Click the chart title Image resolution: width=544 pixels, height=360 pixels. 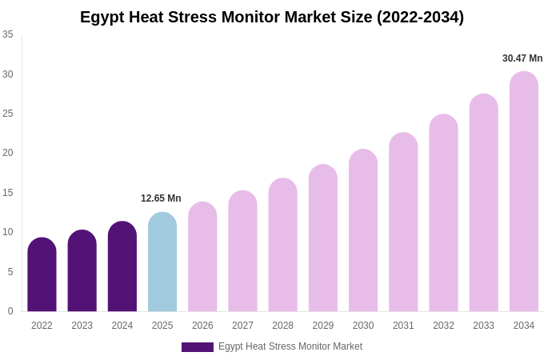click(272, 17)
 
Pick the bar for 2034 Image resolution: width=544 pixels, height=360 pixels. click(523, 192)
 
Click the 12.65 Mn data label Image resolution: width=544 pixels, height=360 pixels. click(161, 198)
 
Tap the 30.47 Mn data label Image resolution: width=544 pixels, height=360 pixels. click(522, 58)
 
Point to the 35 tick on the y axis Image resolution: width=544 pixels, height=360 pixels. click(8, 34)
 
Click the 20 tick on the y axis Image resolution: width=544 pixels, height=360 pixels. click(8, 153)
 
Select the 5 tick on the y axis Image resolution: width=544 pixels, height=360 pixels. click(10, 272)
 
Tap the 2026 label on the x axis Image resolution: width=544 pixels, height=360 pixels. click(202, 326)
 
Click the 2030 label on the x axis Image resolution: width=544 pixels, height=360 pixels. click(363, 326)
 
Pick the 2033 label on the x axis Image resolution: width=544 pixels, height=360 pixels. click(483, 326)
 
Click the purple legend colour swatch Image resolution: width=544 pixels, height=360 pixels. click(197, 347)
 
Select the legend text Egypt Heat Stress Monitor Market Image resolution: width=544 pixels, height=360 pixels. click(290, 346)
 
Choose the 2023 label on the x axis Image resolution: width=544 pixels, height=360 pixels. click(82, 326)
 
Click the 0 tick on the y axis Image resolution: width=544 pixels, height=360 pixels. click(10, 311)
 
